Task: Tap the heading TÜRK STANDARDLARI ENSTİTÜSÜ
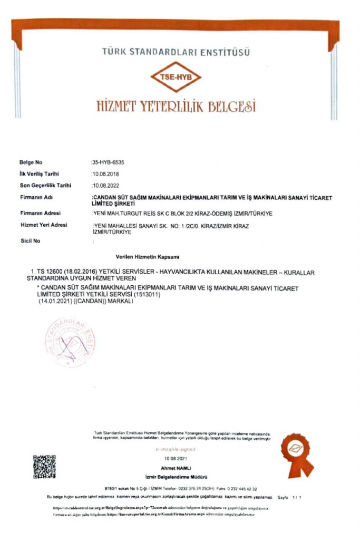coord(176,52)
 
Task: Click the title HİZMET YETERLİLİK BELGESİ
coord(176,106)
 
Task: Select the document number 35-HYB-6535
coord(108,162)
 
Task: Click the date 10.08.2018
coord(106,173)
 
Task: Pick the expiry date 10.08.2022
coord(106,186)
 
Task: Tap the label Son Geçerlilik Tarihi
coord(45,186)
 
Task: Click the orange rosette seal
coord(295,454)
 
